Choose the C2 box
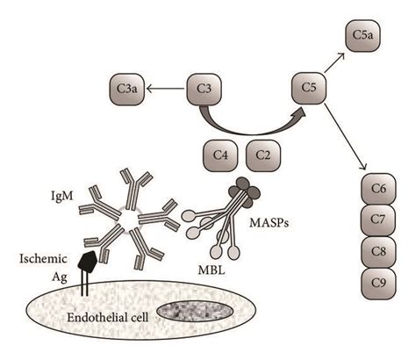264,156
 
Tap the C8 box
378,252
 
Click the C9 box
378,283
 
